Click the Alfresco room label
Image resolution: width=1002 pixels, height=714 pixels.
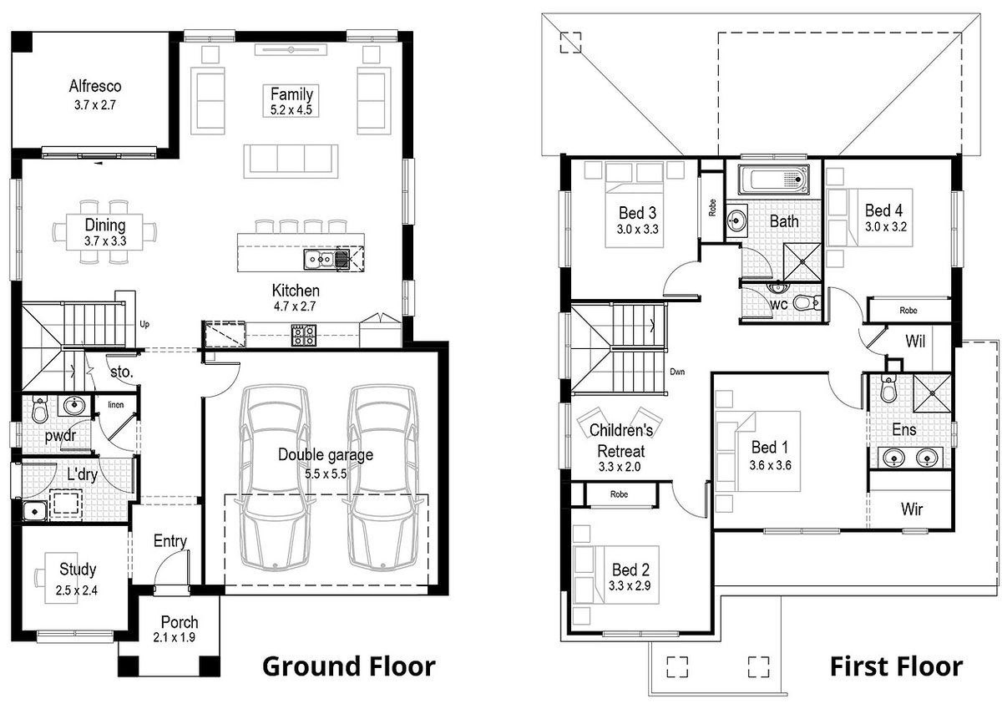[x=95, y=86]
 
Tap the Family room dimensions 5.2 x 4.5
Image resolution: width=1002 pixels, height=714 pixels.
[x=291, y=109]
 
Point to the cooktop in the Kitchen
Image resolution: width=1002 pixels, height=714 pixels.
[x=303, y=335]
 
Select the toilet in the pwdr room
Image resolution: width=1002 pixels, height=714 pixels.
[x=39, y=410]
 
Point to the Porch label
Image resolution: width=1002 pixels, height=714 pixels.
[x=180, y=622]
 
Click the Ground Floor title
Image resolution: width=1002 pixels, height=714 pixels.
[x=348, y=666]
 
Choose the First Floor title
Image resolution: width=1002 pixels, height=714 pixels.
[x=895, y=666]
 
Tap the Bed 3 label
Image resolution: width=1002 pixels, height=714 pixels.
[x=638, y=212]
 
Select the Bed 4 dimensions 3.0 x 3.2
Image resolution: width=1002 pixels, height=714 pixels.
[x=885, y=226]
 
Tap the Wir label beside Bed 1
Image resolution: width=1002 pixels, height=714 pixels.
[x=912, y=509]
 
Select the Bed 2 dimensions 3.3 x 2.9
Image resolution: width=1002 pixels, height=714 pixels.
[x=630, y=585]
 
